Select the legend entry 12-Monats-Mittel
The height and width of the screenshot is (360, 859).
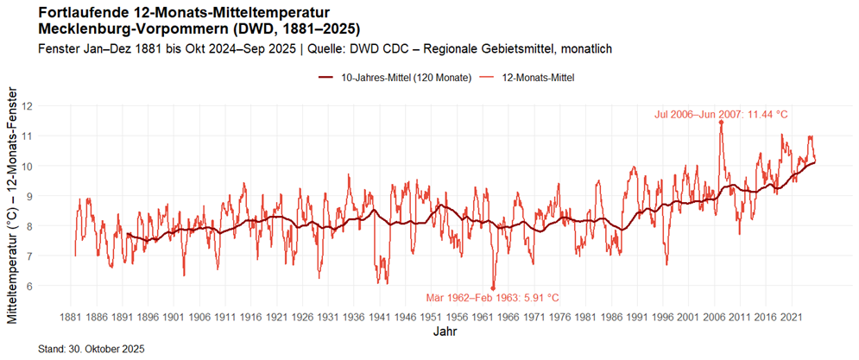[x=537, y=78]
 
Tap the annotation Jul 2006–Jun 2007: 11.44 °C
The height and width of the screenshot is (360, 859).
[x=721, y=113]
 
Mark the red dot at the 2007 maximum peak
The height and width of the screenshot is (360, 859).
[x=721, y=123]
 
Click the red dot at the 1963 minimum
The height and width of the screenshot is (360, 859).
[x=493, y=287]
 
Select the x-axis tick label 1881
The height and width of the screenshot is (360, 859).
[x=75, y=317]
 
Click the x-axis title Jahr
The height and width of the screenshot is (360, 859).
[x=445, y=332]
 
